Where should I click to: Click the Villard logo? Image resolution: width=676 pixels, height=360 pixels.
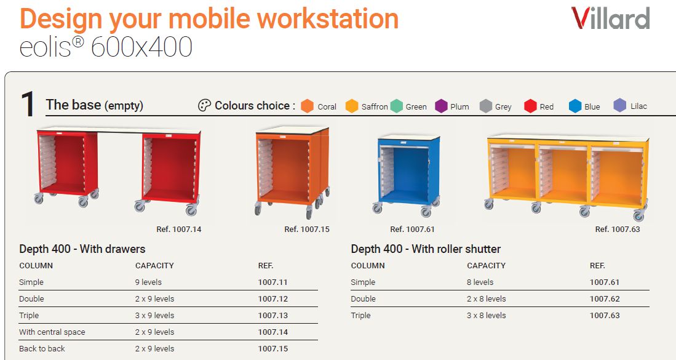click(610, 18)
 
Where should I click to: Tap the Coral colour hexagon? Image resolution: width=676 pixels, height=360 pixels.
click(307, 106)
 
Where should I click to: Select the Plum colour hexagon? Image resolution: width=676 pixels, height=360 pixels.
click(441, 106)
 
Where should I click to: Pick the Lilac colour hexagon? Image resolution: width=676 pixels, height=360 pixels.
click(620, 105)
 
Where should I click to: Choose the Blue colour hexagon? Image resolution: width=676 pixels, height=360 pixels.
click(575, 106)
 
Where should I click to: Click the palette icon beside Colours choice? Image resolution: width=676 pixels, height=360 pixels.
click(204, 105)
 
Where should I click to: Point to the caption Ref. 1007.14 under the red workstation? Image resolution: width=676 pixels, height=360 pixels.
click(179, 230)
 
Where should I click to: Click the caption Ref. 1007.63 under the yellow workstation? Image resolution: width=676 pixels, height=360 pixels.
click(618, 230)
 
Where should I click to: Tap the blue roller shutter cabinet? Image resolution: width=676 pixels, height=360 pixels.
click(407, 175)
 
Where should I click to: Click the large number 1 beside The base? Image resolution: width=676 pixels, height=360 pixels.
click(28, 104)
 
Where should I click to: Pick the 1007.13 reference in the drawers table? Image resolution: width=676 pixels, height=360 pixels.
click(273, 316)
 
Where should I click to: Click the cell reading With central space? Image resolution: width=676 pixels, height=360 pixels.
click(52, 332)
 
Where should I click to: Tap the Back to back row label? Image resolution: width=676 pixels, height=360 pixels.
click(42, 348)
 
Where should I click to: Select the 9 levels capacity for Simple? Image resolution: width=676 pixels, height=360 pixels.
click(148, 282)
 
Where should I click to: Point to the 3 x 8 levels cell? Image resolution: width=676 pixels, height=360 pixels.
click(487, 316)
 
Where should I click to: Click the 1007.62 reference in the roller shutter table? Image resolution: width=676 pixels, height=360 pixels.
click(605, 299)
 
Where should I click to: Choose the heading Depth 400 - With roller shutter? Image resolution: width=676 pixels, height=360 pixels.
click(426, 249)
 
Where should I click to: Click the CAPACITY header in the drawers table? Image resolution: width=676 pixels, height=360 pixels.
click(154, 266)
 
